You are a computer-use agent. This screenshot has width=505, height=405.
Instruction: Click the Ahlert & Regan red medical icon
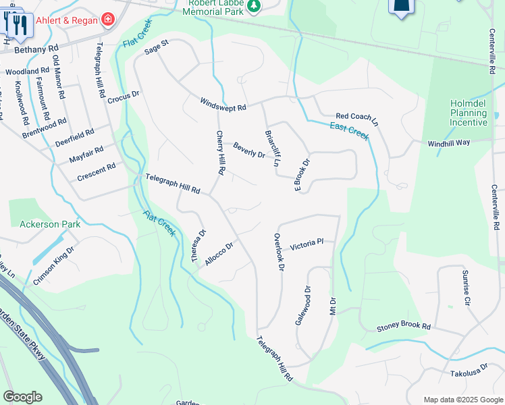[x=108, y=19]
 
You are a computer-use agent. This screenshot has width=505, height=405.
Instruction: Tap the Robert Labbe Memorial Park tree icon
[x=253, y=7]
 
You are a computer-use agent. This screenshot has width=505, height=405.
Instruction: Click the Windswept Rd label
[x=223, y=104]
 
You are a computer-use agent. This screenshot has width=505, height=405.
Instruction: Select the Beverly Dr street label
[x=249, y=150]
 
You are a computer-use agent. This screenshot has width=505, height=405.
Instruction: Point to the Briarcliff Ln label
[x=272, y=148]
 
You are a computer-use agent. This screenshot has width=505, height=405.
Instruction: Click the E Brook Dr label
[x=301, y=175]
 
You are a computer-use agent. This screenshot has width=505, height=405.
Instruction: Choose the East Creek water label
[x=349, y=131]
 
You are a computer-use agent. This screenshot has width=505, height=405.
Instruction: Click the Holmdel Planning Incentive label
[x=469, y=113]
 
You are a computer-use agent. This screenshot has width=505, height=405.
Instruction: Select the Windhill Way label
[x=448, y=143]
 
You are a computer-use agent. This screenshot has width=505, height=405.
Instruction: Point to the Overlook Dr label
[x=278, y=252]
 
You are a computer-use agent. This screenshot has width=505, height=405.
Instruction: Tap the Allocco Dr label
[x=219, y=254]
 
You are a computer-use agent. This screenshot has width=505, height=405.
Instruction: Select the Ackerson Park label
[x=50, y=224]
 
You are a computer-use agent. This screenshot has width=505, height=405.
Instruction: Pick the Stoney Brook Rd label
[x=403, y=327]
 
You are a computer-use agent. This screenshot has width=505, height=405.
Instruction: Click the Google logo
[x=22, y=397]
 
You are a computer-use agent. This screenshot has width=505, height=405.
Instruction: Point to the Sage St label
[x=156, y=48]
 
